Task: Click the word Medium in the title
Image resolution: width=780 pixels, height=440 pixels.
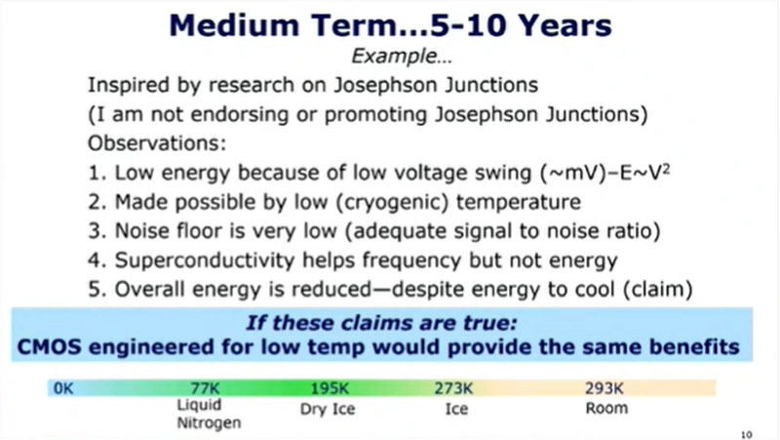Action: (x=234, y=25)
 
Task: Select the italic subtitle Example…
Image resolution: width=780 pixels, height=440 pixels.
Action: (x=402, y=56)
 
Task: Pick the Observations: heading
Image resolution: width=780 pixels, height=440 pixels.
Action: (x=157, y=143)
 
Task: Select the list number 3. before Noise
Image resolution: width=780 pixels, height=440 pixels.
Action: (x=97, y=231)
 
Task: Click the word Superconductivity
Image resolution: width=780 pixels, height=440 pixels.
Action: (x=205, y=260)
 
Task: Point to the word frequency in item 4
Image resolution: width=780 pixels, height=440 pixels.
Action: (x=411, y=260)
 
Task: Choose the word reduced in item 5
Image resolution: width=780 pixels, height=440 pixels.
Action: (x=331, y=290)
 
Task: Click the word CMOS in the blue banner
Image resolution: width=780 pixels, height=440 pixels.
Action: (x=50, y=347)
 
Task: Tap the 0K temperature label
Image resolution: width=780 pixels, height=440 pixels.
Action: (x=63, y=387)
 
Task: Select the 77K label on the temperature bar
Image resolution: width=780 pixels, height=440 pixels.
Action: (x=205, y=387)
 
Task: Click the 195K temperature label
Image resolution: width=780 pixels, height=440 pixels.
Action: (x=330, y=387)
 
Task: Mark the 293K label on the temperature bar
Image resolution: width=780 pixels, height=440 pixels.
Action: (x=604, y=387)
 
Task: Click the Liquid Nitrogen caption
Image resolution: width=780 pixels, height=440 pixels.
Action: (x=209, y=414)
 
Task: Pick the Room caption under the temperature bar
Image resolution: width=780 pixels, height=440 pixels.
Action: (x=606, y=408)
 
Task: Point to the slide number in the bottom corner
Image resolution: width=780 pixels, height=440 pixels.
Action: (x=747, y=434)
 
